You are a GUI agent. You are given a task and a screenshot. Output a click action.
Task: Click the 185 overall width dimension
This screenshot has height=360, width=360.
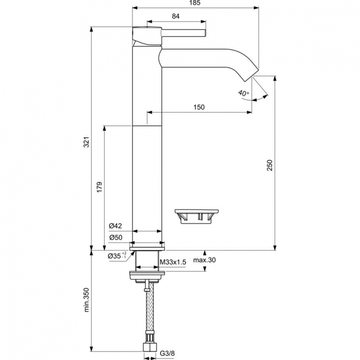coord(195,3)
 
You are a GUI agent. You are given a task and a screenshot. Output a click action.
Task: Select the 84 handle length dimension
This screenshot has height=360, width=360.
coord(176,17)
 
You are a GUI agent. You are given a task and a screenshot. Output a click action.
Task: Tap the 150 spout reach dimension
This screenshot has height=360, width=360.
coord(199,108)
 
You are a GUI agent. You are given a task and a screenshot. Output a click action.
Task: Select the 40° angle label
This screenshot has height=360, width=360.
coord(244,93)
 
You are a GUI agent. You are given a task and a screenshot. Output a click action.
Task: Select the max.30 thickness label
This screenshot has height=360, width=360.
coord(204,261)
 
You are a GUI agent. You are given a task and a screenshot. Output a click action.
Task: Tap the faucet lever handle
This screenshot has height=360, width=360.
coord(182,33)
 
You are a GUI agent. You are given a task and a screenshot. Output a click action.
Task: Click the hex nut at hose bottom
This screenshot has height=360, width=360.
coord(148,347)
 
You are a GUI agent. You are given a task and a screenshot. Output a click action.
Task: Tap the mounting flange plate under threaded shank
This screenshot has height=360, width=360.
coord(148,276)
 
